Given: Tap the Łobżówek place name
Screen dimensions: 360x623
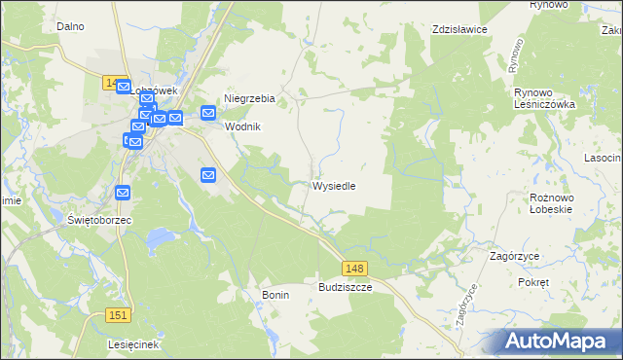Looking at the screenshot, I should [156, 90].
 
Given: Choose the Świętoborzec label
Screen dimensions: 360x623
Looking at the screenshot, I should [99, 220].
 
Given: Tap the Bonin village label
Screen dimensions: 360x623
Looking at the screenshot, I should [276, 294].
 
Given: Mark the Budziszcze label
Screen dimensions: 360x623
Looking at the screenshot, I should [346, 288].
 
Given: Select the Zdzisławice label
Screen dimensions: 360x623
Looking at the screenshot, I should [459, 30].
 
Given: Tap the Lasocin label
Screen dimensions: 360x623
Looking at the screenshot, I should [603, 158].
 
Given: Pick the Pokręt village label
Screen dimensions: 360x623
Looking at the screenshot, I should [533, 281].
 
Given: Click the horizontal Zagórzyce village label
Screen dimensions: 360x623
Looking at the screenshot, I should [516, 255].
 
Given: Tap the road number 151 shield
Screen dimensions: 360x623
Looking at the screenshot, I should [118, 314].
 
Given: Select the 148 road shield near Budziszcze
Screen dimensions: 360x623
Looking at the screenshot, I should [354, 268].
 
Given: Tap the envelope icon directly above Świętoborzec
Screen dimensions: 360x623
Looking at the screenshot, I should [123, 194].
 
